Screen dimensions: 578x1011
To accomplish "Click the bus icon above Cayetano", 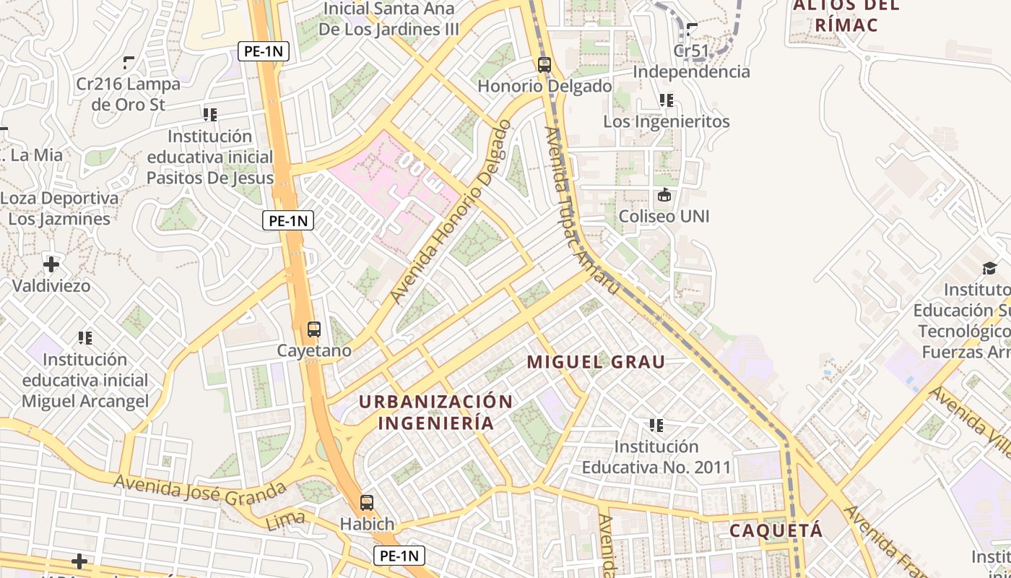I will pyautogui.click(x=313, y=329).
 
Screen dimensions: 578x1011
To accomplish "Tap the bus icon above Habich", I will pyautogui.click(x=367, y=503).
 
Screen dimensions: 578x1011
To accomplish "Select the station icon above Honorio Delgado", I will pyautogui.click(x=544, y=65).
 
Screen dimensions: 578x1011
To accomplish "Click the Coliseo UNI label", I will pyautogui.click(x=664, y=216).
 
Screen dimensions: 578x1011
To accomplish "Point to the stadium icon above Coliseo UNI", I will pyautogui.click(x=664, y=195).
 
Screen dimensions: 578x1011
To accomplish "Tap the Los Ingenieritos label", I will pyautogui.click(x=666, y=121).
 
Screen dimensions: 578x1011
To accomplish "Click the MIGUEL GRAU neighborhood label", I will pyautogui.click(x=596, y=362).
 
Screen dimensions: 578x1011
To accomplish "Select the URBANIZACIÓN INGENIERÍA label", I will pyautogui.click(x=436, y=412).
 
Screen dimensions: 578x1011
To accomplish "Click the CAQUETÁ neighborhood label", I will pyautogui.click(x=776, y=530).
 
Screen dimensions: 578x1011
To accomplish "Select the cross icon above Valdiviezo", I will pyautogui.click(x=51, y=264).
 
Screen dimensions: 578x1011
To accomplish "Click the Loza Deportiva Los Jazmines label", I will pyautogui.click(x=59, y=209).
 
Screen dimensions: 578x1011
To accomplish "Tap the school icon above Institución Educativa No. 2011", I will pyautogui.click(x=656, y=426).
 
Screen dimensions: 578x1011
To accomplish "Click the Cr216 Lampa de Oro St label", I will pyautogui.click(x=129, y=94).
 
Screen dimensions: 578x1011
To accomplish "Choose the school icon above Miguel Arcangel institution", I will pyautogui.click(x=85, y=337).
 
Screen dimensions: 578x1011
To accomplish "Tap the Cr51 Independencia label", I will pyautogui.click(x=691, y=61).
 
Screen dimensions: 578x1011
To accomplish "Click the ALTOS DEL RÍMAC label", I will pyautogui.click(x=846, y=15).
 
